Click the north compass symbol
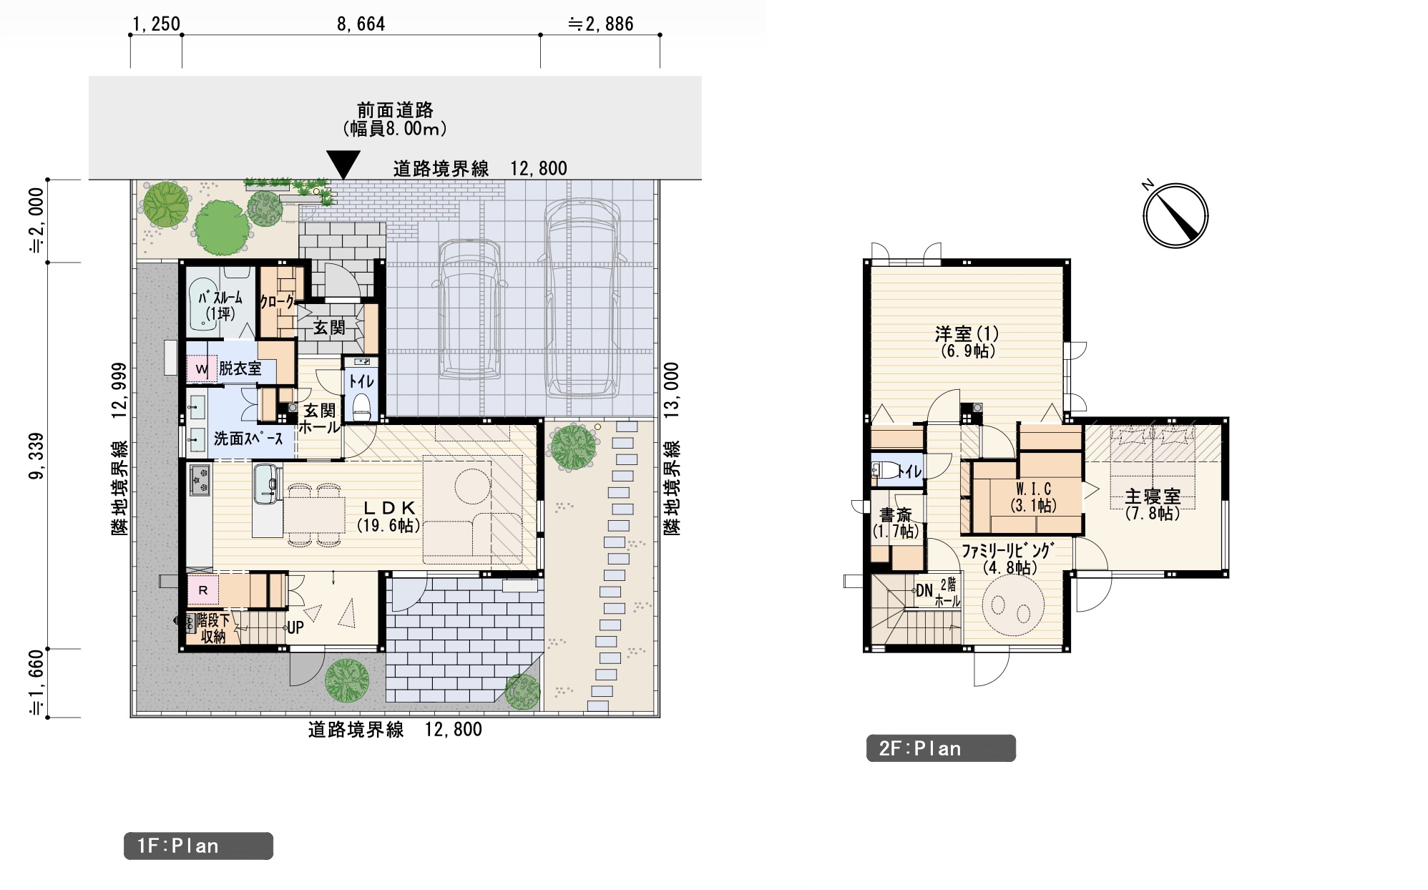[1175, 215]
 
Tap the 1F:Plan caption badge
[198, 846]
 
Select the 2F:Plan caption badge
[941, 748]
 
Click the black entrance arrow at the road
[343, 165]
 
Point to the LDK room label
[388, 508]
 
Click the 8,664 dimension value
[361, 24]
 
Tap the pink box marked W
[201, 369]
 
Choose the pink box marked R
[203, 590]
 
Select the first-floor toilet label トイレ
[361, 381]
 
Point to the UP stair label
[295, 627]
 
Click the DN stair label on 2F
[924, 591]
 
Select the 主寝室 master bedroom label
[1152, 497]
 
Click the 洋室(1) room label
[967, 333]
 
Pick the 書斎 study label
[896, 515]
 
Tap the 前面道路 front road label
[395, 110]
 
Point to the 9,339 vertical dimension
[36, 456]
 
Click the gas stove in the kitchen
[200, 479]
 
